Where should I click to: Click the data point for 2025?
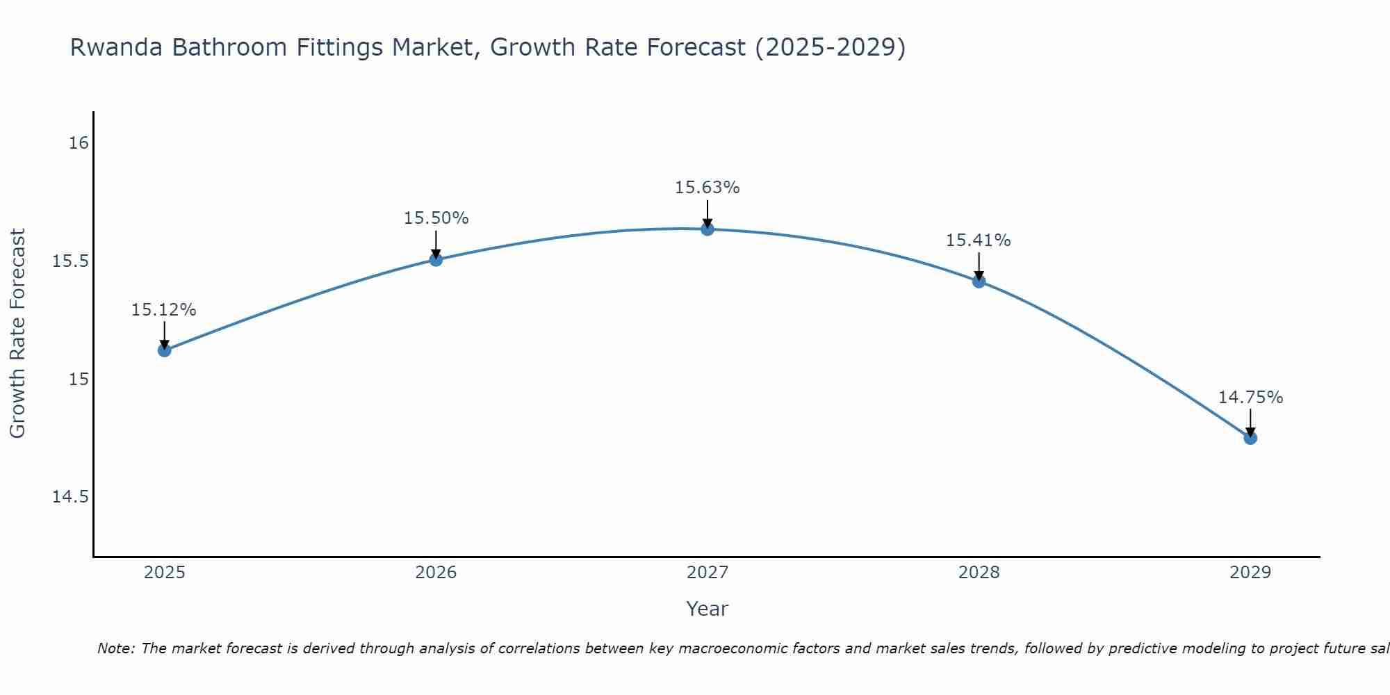point(165,350)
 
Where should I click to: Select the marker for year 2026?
point(436,260)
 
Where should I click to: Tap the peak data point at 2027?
point(708,229)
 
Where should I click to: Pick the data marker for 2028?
point(979,281)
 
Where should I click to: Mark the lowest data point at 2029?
point(1250,438)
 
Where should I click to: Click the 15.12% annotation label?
point(164,310)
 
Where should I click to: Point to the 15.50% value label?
point(436,218)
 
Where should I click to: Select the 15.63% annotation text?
point(708,188)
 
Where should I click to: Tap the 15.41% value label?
point(978,240)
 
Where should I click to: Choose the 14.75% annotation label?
point(1250,398)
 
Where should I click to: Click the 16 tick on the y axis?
point(79,143)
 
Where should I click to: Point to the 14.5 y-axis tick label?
point(70,497)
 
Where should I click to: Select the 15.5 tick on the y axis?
point(70,261)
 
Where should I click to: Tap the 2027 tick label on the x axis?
point(708,573)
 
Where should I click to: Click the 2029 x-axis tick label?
point(1250,573)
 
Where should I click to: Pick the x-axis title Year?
point(707,609)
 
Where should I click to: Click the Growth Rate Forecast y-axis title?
point(17,334)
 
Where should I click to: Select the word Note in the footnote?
point(115,648)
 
